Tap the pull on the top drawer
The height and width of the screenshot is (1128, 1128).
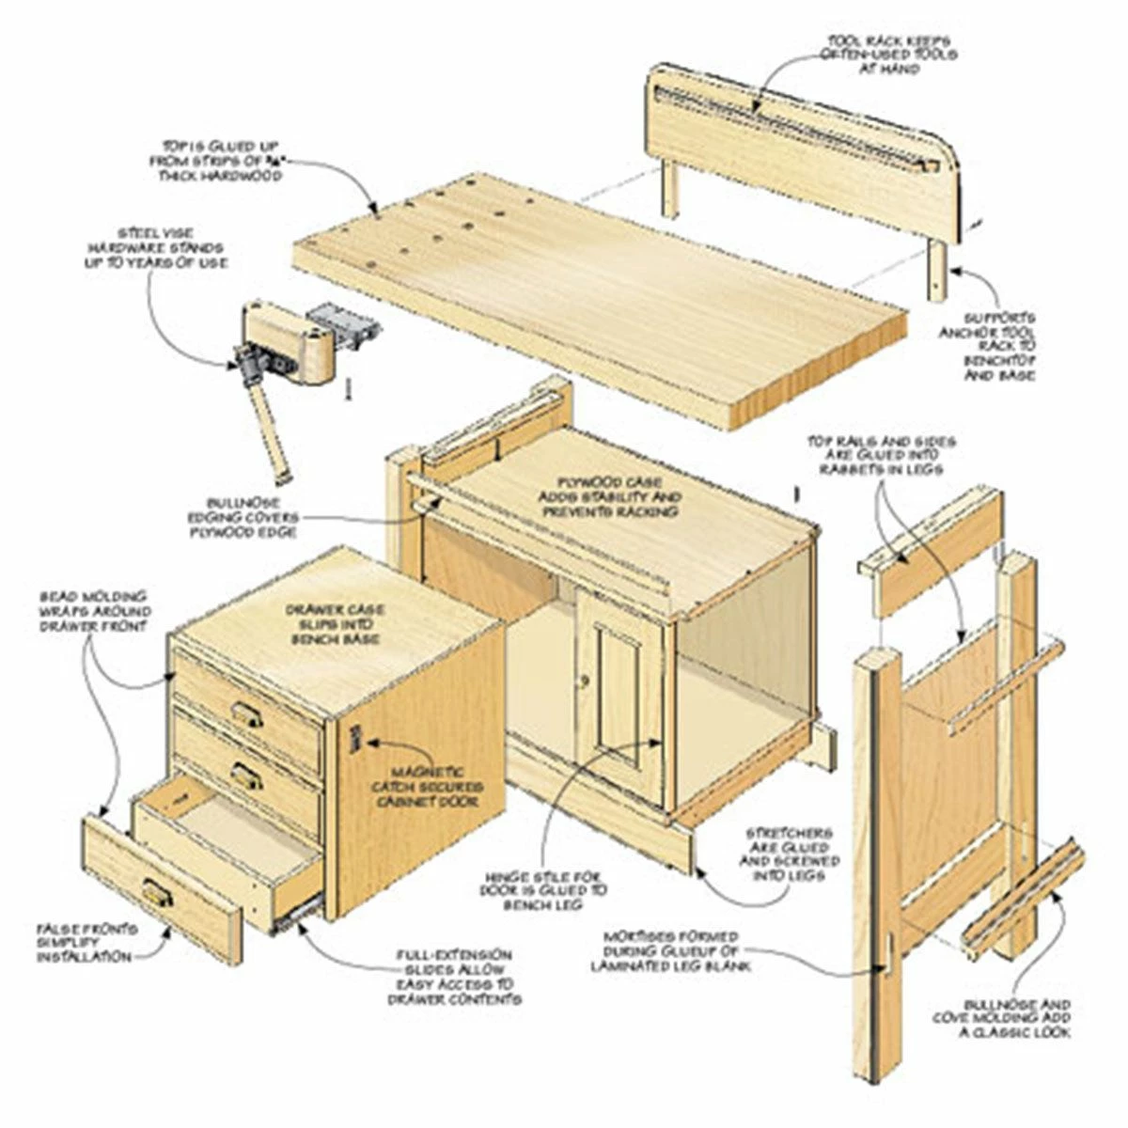[247, 716]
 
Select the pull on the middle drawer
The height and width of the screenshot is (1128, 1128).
[245, 776]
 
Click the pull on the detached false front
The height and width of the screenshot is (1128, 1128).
[157, 894]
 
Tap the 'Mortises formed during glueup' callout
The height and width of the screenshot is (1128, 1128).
[684, 951]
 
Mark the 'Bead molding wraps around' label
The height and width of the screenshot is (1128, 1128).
[93, 612]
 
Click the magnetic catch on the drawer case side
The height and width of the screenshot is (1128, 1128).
[355, 739]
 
